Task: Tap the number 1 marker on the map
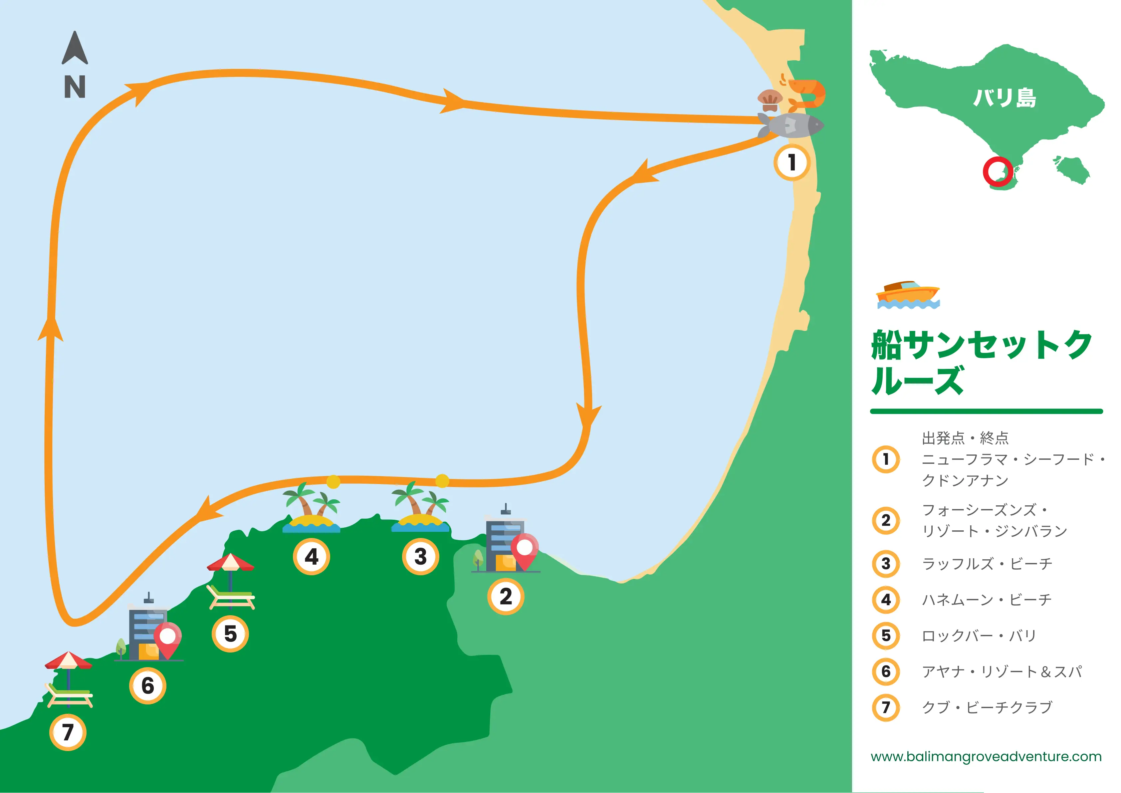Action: [x=791, y=162]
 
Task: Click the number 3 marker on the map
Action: [x=420, y=557]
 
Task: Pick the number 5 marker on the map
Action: [x=230, y=634]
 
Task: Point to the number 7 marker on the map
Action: [x=68, y=732]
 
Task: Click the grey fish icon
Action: [x=792, y=126]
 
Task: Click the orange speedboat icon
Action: [x=908, y=294]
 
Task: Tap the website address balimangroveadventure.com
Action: [x=986, y=756]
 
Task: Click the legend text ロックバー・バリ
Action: [x=979, y=636]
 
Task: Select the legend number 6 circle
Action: [x=886, y=671]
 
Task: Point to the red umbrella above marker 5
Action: [x=230, y=563]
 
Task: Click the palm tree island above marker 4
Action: [x=311, y=508]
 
